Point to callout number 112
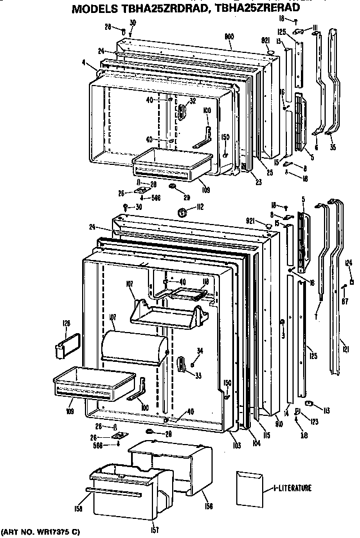pyautogui.click(x=199, y=207)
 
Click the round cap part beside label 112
pyautogui.click(x=182, y=212)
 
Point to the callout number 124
pyautogui.click(x=349, y=263)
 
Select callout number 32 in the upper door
pyautogui.click(x=192, y=101)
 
